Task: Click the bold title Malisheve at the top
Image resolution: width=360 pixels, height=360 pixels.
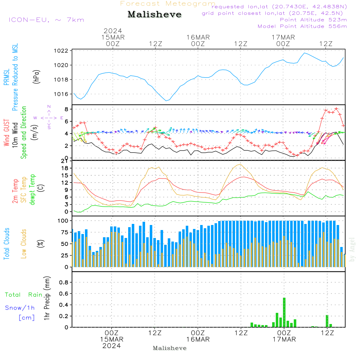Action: point(154,14)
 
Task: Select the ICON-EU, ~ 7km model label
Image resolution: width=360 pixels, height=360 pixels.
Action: point(46,20)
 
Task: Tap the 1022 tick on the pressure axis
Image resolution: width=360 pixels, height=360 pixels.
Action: point(61,51)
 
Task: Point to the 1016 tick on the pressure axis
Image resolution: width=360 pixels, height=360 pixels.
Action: point(61,94)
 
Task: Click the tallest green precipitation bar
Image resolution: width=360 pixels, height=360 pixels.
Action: point(284,312)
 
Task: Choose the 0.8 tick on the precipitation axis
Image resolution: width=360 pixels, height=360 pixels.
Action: point(64,282)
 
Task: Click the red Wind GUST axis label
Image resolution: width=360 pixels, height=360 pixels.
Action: point(6,132)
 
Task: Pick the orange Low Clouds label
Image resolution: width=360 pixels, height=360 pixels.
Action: point(23,244)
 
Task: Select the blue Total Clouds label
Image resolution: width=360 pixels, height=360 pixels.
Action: point(6,244)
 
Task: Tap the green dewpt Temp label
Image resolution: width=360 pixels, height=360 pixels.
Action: point(32,189)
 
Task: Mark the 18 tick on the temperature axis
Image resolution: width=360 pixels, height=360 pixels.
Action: point(65,168)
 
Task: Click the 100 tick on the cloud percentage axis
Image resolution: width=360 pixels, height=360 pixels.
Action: point(63,221)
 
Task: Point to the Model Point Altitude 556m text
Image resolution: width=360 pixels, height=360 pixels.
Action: point(302,26)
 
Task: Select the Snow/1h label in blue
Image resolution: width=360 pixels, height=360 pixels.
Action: point(20,308)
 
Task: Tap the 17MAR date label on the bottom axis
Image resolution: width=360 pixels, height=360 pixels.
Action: point(284,339)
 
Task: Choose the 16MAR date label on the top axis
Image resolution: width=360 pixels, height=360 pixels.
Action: point(198,37)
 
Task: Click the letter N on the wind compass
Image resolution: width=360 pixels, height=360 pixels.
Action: point(49,107)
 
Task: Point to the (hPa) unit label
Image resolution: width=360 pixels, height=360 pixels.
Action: point(36,77)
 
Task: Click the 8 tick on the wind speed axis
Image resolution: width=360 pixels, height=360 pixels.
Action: point(67,109)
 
